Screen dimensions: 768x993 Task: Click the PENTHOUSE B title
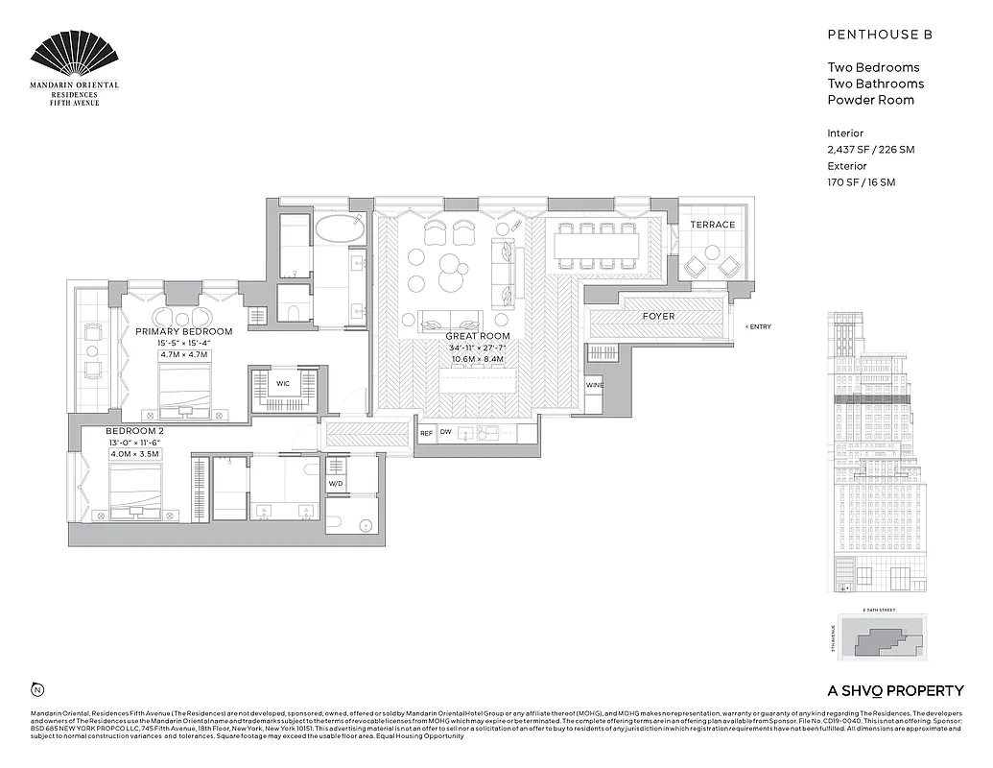[x=880, y=35]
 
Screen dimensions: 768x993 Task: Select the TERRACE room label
[x=712, y=225]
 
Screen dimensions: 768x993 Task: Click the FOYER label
[x=658, y=316]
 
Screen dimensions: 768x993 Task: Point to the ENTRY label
[x=759, y=326]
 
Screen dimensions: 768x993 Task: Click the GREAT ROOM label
[x=477, y=337]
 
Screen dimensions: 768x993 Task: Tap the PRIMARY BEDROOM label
[x=183, y=332]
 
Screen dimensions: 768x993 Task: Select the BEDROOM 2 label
[x=135, y=431]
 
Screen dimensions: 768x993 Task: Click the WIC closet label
[x=283, y=383]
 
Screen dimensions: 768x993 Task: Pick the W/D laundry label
[x=336, y=484]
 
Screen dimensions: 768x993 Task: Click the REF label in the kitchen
[x=426, y=433]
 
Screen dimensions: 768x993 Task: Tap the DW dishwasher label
[x=446, y=433]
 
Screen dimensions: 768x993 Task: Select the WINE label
[x=595, y=385]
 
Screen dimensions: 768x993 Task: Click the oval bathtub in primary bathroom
[x=340, y=228]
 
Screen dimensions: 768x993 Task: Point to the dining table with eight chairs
[x=596, y=248]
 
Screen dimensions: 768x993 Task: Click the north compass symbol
[x=36, y=689]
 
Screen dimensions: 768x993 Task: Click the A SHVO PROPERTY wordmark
[x=895, y=690]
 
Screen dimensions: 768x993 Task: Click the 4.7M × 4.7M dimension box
[x=183, y=355]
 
